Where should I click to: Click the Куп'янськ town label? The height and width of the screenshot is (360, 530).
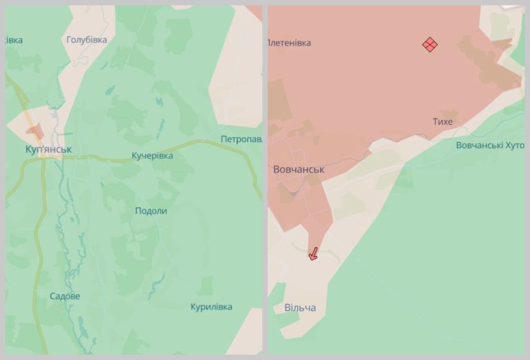[x=48, y=149]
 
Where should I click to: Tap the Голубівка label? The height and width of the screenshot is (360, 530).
[x=86, y=40]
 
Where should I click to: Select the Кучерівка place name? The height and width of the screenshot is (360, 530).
[x=152, y=156]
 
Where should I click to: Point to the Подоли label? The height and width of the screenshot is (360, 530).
[x=150, y=211]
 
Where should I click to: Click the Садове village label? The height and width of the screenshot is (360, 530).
[x=65, y=297]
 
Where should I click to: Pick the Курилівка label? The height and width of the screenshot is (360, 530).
[x=211, y=307]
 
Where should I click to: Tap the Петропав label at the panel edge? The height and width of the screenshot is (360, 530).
[x=241, y=139]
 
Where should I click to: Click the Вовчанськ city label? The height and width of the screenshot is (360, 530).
[x=298, y=170]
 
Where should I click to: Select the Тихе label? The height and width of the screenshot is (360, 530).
[x=442, y=122]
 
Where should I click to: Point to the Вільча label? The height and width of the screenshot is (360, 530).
[x=300, y=308]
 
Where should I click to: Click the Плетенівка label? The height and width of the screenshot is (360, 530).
[x=289, y=43]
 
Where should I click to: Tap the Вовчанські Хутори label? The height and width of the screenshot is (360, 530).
[x=490, y=146]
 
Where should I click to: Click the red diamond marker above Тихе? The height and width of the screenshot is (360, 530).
[x=430, y=45]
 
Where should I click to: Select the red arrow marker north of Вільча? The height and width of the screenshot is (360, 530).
[x=313, y=254]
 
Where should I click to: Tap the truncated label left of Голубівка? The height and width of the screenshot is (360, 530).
[x=13, y=40]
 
